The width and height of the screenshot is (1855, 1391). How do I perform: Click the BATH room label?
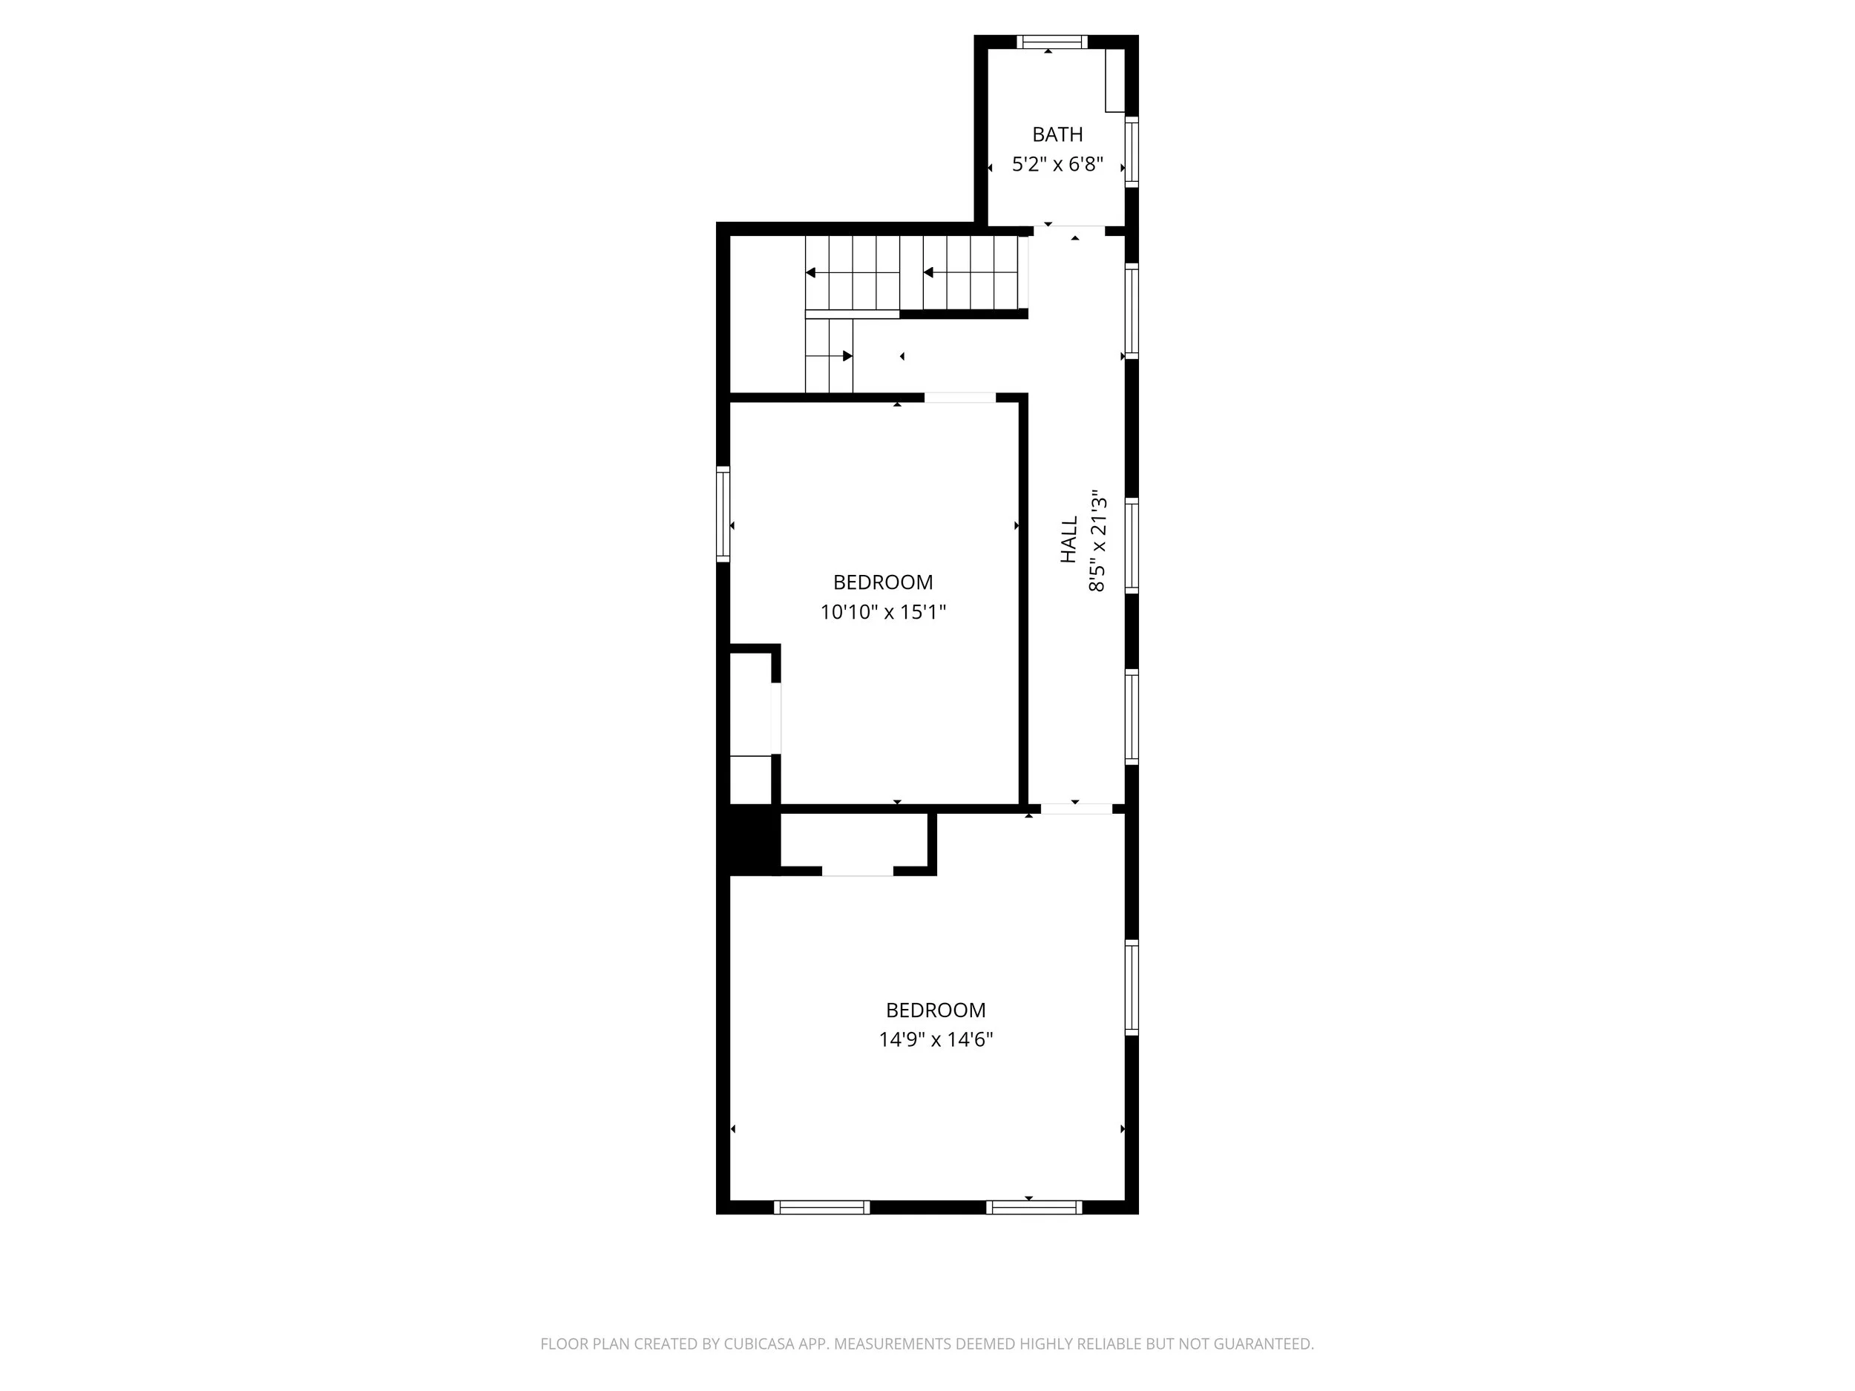pos(1057,134)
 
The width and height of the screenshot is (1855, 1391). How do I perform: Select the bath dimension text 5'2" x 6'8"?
pos(1057,165)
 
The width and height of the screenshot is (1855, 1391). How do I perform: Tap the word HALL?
pos(1068,539)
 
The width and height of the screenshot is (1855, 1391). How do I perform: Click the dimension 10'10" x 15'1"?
pos(882,612)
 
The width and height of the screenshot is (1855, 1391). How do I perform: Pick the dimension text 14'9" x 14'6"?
pos(935,1039)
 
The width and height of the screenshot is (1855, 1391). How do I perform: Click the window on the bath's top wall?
pos(1051,42)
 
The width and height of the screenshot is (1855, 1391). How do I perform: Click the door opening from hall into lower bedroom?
pos(1076,809)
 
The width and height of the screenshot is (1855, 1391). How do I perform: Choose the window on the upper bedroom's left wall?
pos(723,513)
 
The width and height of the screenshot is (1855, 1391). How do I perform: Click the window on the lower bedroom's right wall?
pos(1132,987)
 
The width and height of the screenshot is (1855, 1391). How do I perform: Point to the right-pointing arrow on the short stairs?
pos(847,356)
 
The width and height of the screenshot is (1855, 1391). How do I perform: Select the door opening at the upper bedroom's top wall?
pos(959,398)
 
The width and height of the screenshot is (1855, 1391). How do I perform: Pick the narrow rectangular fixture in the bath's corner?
pos(1114,80)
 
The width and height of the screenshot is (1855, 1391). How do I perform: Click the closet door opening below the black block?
pos(857,871)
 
